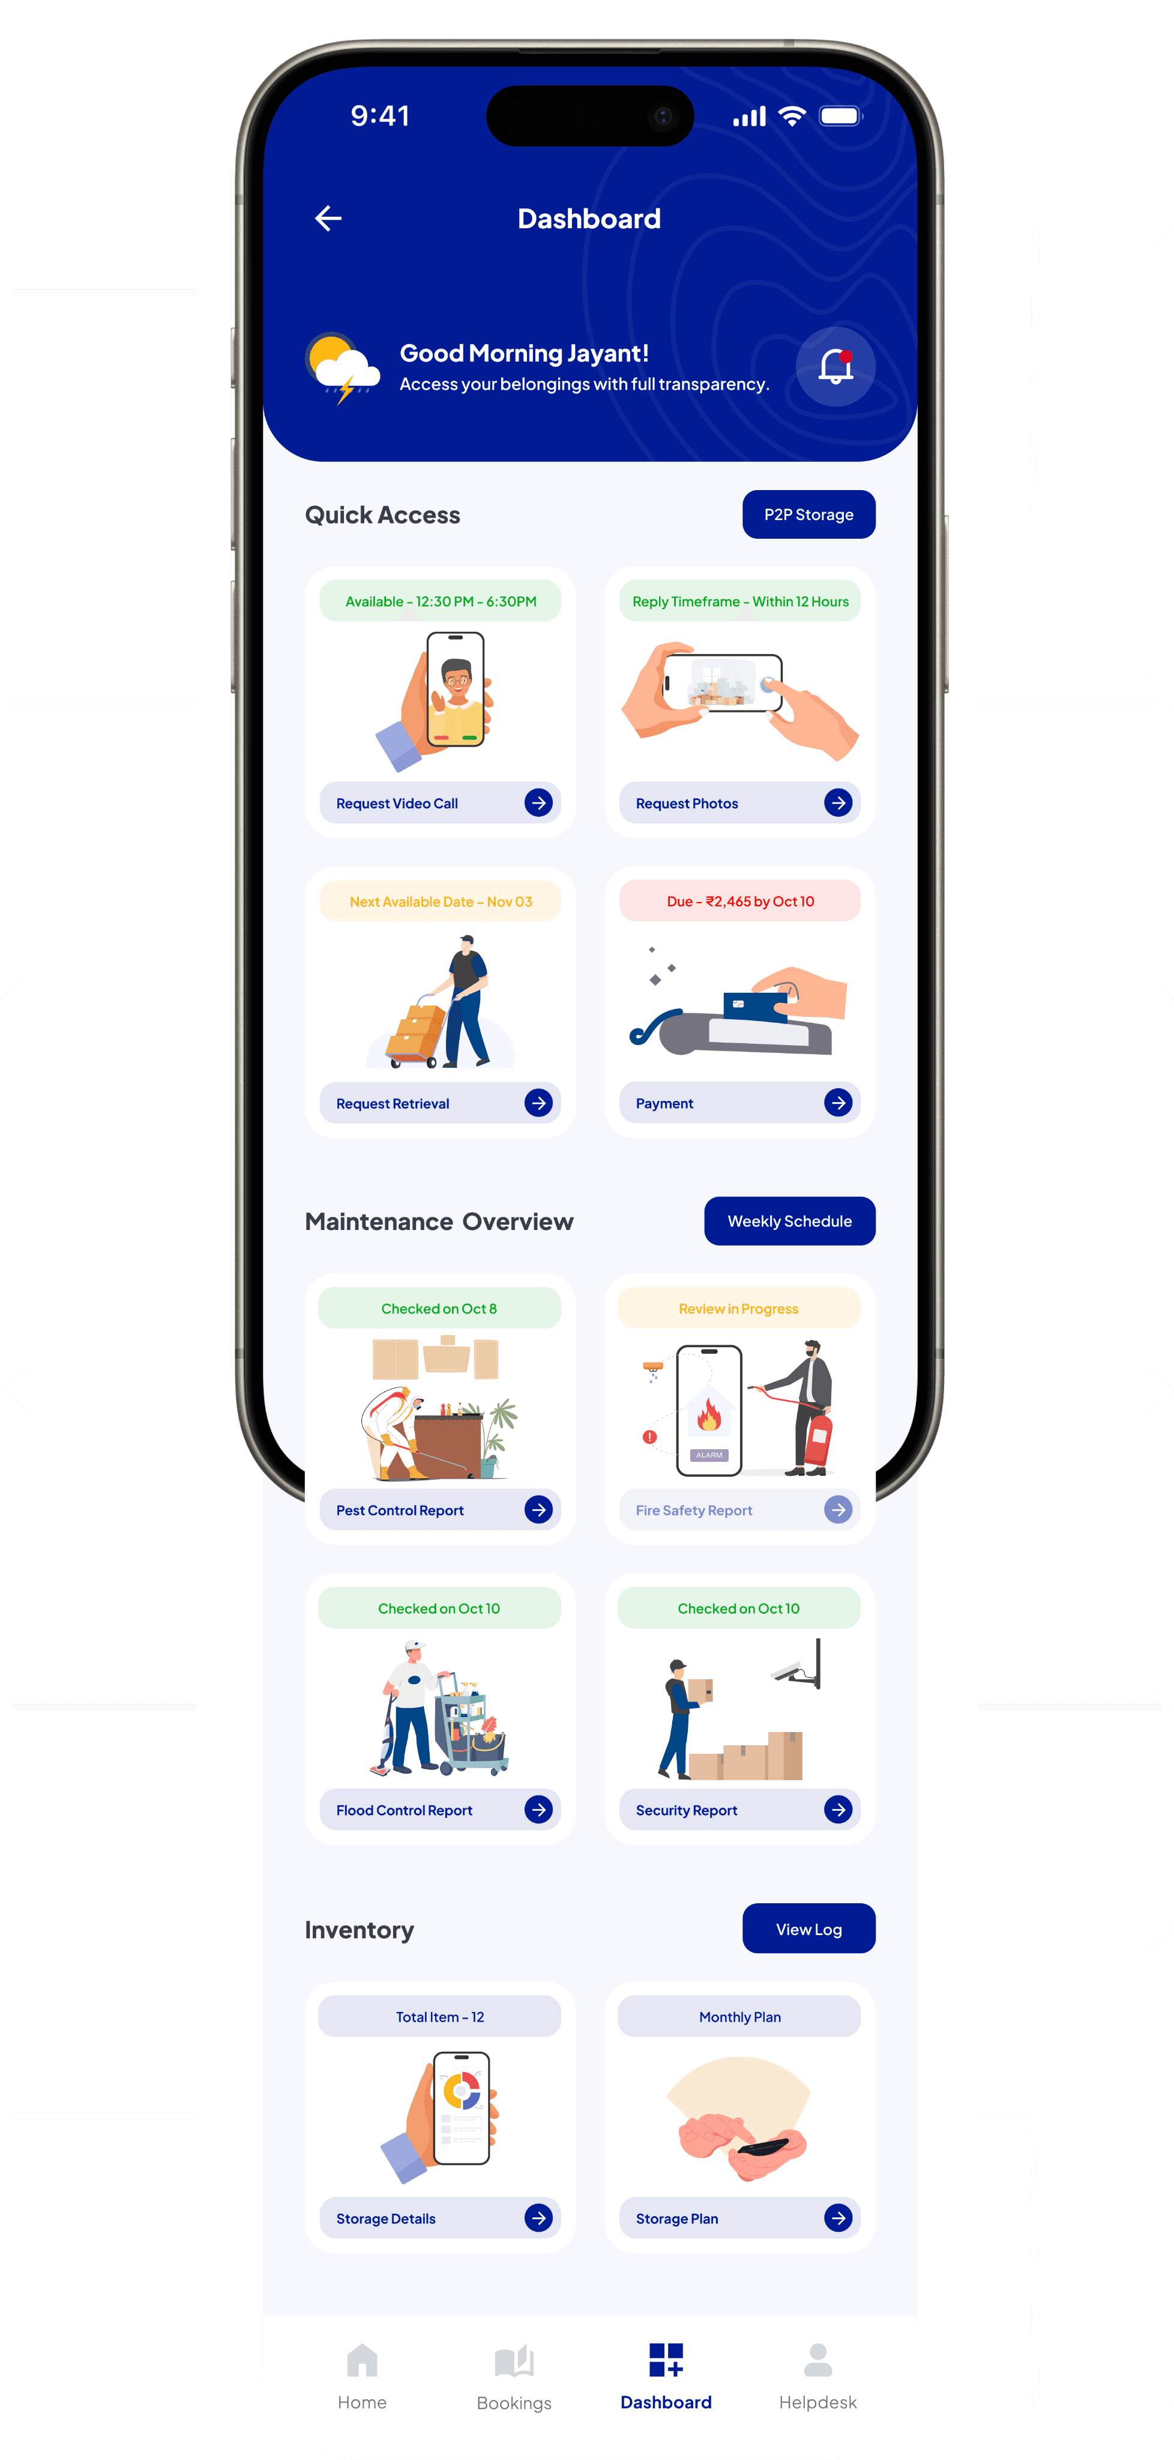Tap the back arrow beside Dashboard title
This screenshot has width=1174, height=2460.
[328, 219]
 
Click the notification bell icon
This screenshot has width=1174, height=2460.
[835, 367]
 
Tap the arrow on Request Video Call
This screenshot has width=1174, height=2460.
[538, 803]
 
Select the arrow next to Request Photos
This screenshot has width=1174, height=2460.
[838, 803]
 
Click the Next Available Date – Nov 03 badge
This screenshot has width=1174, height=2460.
[440, 901]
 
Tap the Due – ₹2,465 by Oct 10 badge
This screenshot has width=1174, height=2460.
[739, 901]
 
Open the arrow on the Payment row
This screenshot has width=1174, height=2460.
[838, 1103]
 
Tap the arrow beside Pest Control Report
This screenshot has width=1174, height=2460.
[538, 1510]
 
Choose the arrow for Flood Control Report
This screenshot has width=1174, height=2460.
[538, 1810]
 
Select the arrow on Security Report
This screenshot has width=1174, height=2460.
[838, 1810]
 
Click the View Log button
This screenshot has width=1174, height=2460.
[808, 1929]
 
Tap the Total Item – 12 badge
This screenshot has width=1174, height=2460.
[440, 2017]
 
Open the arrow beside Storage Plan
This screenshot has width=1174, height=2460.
[838, 2219]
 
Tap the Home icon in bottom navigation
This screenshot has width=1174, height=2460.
[362, 2361]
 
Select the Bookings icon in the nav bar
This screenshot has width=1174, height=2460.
[514, 2362]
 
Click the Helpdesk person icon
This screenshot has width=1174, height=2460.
[818, 2361]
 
